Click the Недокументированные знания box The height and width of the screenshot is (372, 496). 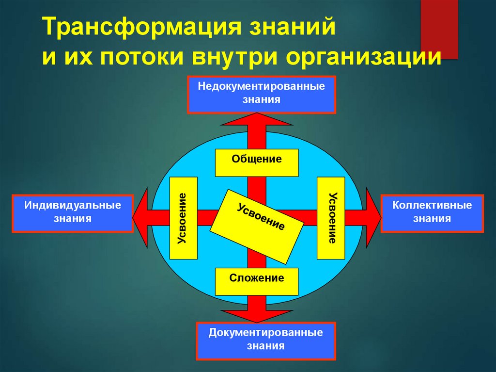[x=262, y=94]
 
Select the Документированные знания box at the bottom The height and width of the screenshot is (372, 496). [x=265, y=340]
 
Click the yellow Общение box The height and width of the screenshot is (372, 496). [x=257, y=162]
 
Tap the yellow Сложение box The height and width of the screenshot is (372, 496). [x=257, y=281]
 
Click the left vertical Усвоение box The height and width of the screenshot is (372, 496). [x=184, y=218]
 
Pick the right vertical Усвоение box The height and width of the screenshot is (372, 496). [x=330, y=218]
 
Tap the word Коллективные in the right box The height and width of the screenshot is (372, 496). [x=432, y=205]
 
